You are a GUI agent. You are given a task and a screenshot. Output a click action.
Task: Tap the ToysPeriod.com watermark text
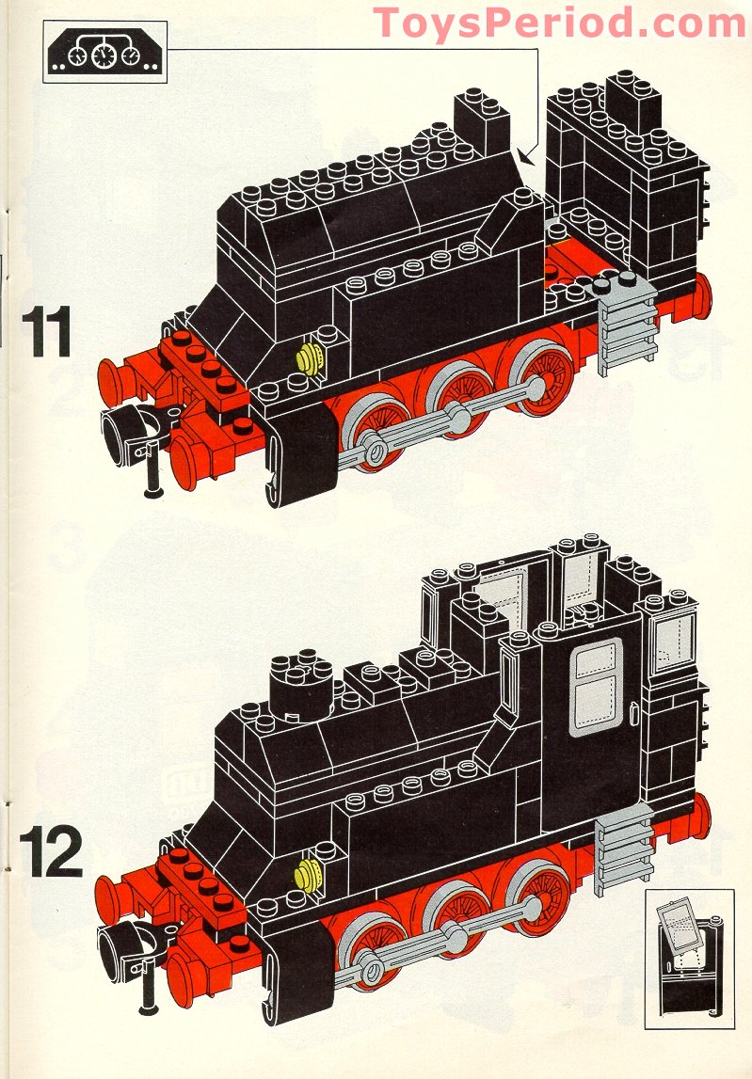560,23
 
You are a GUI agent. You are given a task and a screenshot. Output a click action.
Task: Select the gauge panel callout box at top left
104,52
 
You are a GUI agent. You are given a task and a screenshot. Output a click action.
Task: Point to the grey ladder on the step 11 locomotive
626,330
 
